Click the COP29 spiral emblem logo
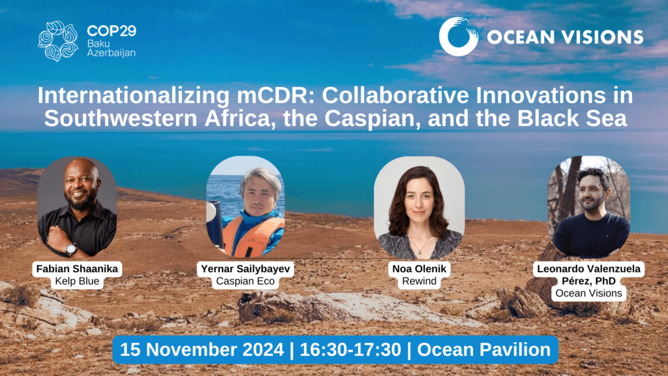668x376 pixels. [x=58, y=41]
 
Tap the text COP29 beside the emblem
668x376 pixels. [x=111, y=31]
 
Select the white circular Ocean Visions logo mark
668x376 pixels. [x=459, y=37]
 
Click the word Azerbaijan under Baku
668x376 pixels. [x=111, y=53]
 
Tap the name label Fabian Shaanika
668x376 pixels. [x=77, y=269]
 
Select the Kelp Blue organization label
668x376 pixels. [x=77, y=281]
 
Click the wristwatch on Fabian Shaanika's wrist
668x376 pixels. [x=70, y=249]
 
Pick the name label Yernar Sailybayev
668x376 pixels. [x=245, y=269]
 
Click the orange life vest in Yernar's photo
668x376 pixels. [x=252, y=236]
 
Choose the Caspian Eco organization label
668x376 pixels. [x=245, y=281]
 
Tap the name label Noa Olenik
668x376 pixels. [x=419, y=269]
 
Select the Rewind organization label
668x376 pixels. [x=419, y=281]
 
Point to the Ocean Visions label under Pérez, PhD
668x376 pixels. [x=589, y=293]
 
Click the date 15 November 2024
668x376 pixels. [x=202, y=350]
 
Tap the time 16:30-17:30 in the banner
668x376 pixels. [x=350, y=350]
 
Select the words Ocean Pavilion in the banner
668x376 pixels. [x=484, y=350]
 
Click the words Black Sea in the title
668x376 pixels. [x=572, y=119]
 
